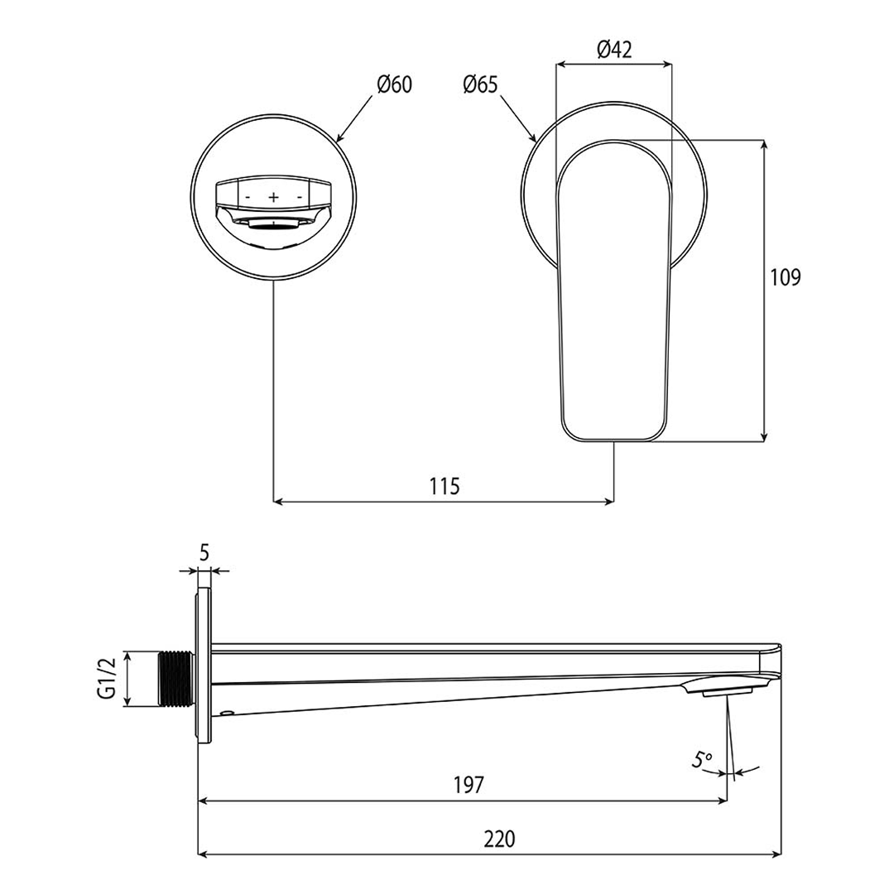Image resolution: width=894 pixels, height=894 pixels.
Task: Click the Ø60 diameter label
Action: pos(394,85)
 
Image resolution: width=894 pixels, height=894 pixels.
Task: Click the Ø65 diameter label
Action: pos(481,85)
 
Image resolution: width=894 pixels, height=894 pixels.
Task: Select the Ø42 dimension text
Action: pos(614,50)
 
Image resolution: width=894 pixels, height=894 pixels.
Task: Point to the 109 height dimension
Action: pos(786,277)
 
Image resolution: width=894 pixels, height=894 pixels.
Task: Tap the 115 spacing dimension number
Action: pos(445,487)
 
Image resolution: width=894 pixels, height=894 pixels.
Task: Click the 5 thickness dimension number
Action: pos(204,552)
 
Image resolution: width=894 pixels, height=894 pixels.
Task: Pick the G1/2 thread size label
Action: pos(107,679)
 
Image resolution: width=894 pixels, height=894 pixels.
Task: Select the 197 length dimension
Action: pos(469,785)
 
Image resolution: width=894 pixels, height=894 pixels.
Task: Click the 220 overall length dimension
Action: pos(499,839)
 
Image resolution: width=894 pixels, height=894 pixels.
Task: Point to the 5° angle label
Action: pos(703,759)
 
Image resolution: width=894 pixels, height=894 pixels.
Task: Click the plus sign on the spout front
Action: pos(274,197)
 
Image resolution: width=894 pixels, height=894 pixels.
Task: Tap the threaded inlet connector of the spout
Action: pos(175,679)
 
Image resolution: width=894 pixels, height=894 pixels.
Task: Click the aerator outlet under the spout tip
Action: pos(728,693)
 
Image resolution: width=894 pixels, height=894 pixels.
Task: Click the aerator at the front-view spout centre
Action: pos(274,224)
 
